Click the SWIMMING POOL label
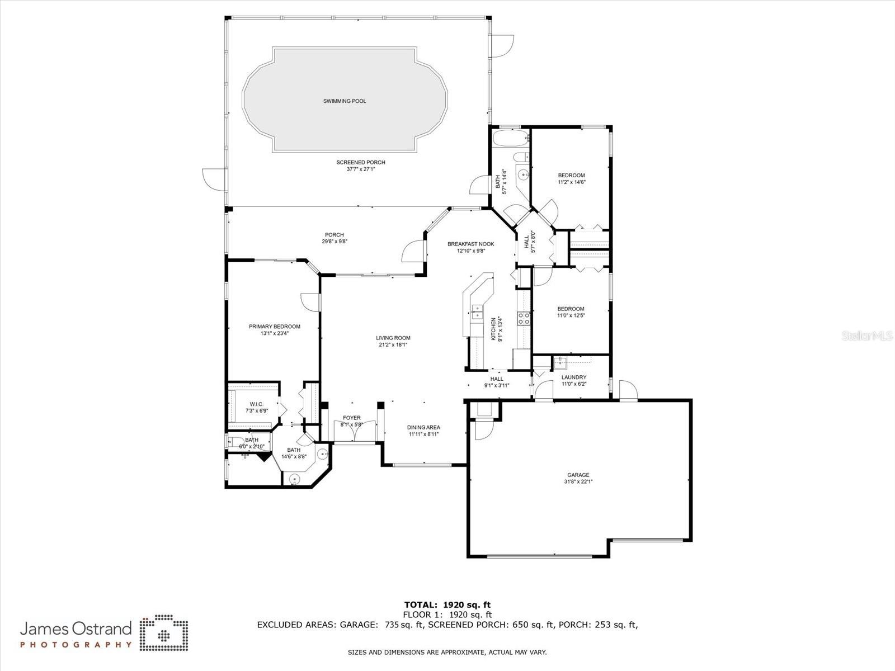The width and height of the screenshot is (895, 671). tap(345, 101)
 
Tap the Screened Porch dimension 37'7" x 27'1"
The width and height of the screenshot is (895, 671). tap(360, 169)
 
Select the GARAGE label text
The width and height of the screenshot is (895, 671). tap(578, 475)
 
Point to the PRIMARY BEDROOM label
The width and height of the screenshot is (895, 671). tap(274, 327)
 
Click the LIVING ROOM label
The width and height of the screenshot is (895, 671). tap(393, 338)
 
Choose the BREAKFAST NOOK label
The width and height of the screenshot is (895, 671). tap(470, 244)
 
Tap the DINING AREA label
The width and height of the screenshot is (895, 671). tap(423, 427)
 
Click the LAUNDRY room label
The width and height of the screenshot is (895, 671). tap(573, 377)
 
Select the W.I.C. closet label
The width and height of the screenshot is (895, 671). tap(256, 404)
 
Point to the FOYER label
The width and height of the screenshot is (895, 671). tap(351, 418)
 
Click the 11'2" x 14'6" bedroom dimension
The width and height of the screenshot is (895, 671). tap(571, 182)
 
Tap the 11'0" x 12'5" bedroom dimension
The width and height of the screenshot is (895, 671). tap(571, 315)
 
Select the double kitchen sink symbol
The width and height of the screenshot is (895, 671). tap(478, 312)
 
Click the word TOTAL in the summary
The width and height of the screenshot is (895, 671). tap(421, 604)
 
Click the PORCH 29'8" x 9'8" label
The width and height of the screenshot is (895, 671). tap(335, 238)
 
